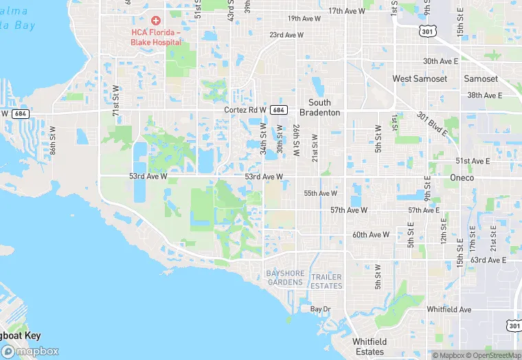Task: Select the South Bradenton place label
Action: [319, 107]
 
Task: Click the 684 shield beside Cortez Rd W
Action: [278, 110]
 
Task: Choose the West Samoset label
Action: [420, 79]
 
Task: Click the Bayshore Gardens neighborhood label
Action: [285, 278]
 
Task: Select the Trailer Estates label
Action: [326, 282]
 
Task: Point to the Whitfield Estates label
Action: [370, 346]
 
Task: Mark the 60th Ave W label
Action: [371, 235]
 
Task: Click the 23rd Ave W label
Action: [286, 35]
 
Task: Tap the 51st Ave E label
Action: [473, 161]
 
